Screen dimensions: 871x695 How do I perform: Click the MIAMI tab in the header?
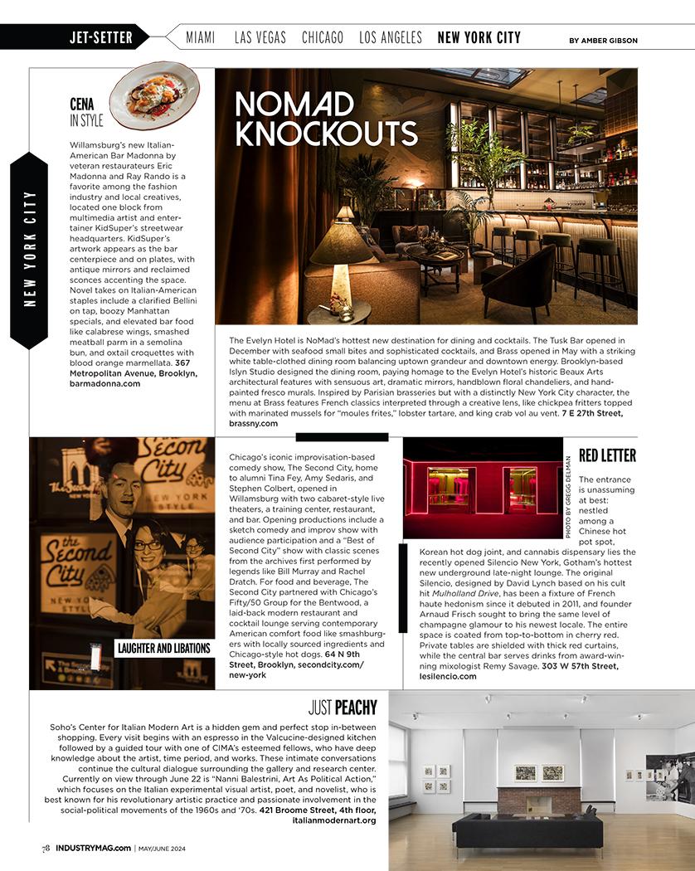point(201,37)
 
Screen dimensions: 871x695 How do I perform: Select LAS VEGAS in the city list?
point(260,37)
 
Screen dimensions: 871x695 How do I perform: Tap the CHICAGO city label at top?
point(323,37)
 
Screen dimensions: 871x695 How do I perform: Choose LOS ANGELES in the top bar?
point(391,37)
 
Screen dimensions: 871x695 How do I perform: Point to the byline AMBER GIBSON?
point(604,40)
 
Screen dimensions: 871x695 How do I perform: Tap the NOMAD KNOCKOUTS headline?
point(325,119)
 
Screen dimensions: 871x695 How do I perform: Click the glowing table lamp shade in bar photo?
point(341,243)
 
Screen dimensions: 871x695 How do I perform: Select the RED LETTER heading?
point(607,455)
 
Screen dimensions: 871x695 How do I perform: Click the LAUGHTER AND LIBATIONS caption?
point(163,648)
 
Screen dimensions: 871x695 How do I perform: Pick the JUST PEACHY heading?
point(343,708)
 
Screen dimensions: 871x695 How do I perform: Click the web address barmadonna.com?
point(104,384)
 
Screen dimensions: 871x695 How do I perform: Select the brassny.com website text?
point(253,423)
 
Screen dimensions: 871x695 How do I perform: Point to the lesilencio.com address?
point(448,676)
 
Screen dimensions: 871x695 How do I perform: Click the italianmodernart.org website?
point(334,820)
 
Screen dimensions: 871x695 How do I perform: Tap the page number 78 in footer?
point(47,848)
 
